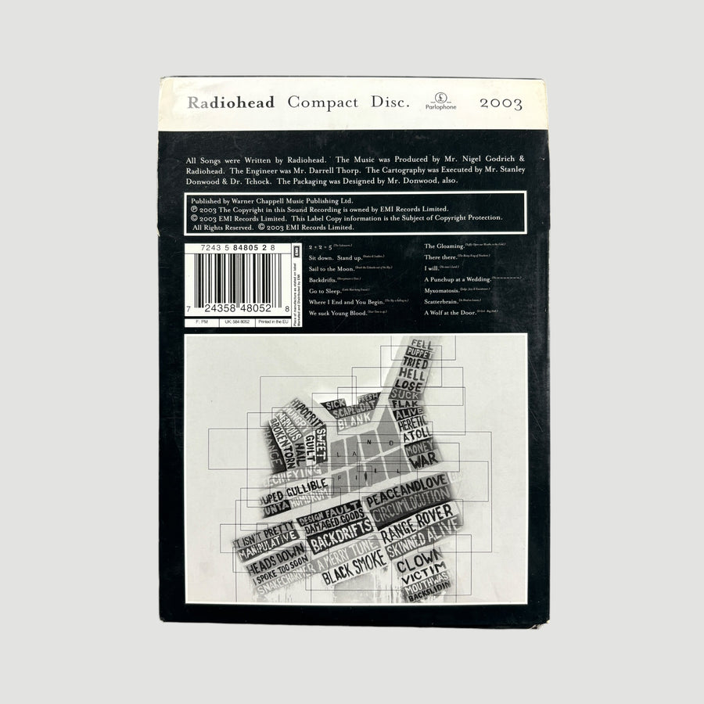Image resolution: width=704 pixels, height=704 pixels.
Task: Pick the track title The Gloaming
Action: coord(450,246)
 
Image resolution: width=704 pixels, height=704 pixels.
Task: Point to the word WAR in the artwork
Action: coord(429,461)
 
